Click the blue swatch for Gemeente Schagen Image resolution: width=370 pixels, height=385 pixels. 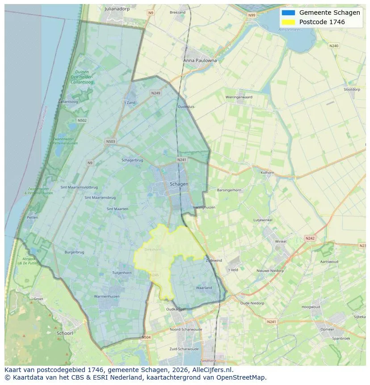pos(288,13)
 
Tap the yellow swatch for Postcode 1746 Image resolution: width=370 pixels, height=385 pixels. pos(288,22)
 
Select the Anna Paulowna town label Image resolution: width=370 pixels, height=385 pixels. pos(200,60)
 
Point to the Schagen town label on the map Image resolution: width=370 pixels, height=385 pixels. pos(179,184)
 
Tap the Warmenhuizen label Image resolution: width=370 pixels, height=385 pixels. pos(106,296)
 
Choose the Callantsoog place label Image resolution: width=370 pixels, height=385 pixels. pos(68,102)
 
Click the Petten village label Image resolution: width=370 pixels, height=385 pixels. pos(32,217)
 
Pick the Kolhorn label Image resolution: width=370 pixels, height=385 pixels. pos(267,172)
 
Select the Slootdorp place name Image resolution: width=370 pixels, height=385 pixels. pos(352,89)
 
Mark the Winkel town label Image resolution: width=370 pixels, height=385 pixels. pos(281,241)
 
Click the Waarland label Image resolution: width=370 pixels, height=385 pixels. pos(204,288)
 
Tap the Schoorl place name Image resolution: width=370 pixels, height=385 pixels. pos(65,333)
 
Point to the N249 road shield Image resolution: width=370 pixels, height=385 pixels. pos(156,93)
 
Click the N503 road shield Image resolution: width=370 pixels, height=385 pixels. pos(110,142)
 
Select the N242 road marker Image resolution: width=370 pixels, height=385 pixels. pos(310,238)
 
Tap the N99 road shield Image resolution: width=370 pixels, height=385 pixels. pos(252,15)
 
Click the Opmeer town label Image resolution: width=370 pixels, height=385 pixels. pos(327,329)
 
